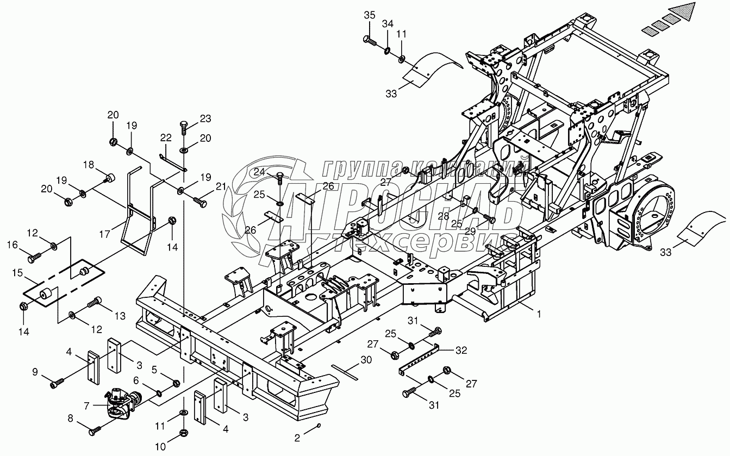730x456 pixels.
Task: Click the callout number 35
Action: tap(370, 15)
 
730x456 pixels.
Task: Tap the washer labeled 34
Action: tap(387, 51)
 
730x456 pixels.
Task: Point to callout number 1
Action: tap(539, 314)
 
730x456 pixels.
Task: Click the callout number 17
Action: tap(105, 234)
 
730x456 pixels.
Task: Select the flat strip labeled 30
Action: tap(345, 372)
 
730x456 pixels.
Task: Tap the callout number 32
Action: tap(461, 351)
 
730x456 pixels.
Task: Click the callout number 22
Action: tap(166, 138)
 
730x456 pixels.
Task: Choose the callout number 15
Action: tap(18, 272)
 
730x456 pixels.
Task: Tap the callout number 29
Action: tap(470, 231)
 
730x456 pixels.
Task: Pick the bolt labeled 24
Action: tap(280, 179)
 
